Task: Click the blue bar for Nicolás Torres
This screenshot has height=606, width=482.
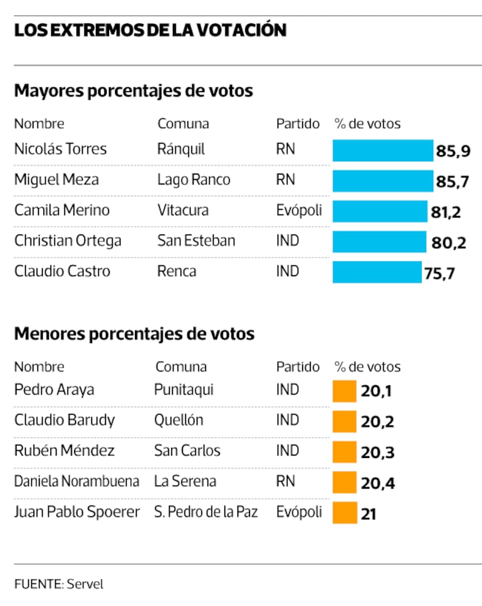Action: pos(383,150)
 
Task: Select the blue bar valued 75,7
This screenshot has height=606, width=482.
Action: pos(377,272)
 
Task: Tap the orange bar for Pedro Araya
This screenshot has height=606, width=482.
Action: pos(344,391)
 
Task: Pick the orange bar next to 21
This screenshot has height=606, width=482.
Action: pos(344,513)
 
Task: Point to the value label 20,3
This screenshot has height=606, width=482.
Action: pos(377,453)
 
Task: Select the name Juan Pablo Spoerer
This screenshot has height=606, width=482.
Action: pos(77,512)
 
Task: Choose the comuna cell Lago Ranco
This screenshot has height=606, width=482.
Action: pos(193,179)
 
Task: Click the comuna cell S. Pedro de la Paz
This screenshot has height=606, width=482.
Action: pos(205,512)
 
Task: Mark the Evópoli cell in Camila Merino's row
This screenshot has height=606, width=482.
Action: pos(299,210)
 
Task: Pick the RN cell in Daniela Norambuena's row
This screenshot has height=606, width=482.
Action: pos(285,481)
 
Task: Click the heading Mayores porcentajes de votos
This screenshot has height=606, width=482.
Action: pos(133,91)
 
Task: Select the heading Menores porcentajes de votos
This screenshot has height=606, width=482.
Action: pos(134,333)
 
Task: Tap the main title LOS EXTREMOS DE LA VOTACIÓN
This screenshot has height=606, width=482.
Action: pos(150,30)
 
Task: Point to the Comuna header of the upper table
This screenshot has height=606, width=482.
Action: pos(183,124)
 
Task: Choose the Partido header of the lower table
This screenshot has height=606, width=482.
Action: pos(298,366)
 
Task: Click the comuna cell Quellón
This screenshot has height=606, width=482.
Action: pos(178,421)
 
